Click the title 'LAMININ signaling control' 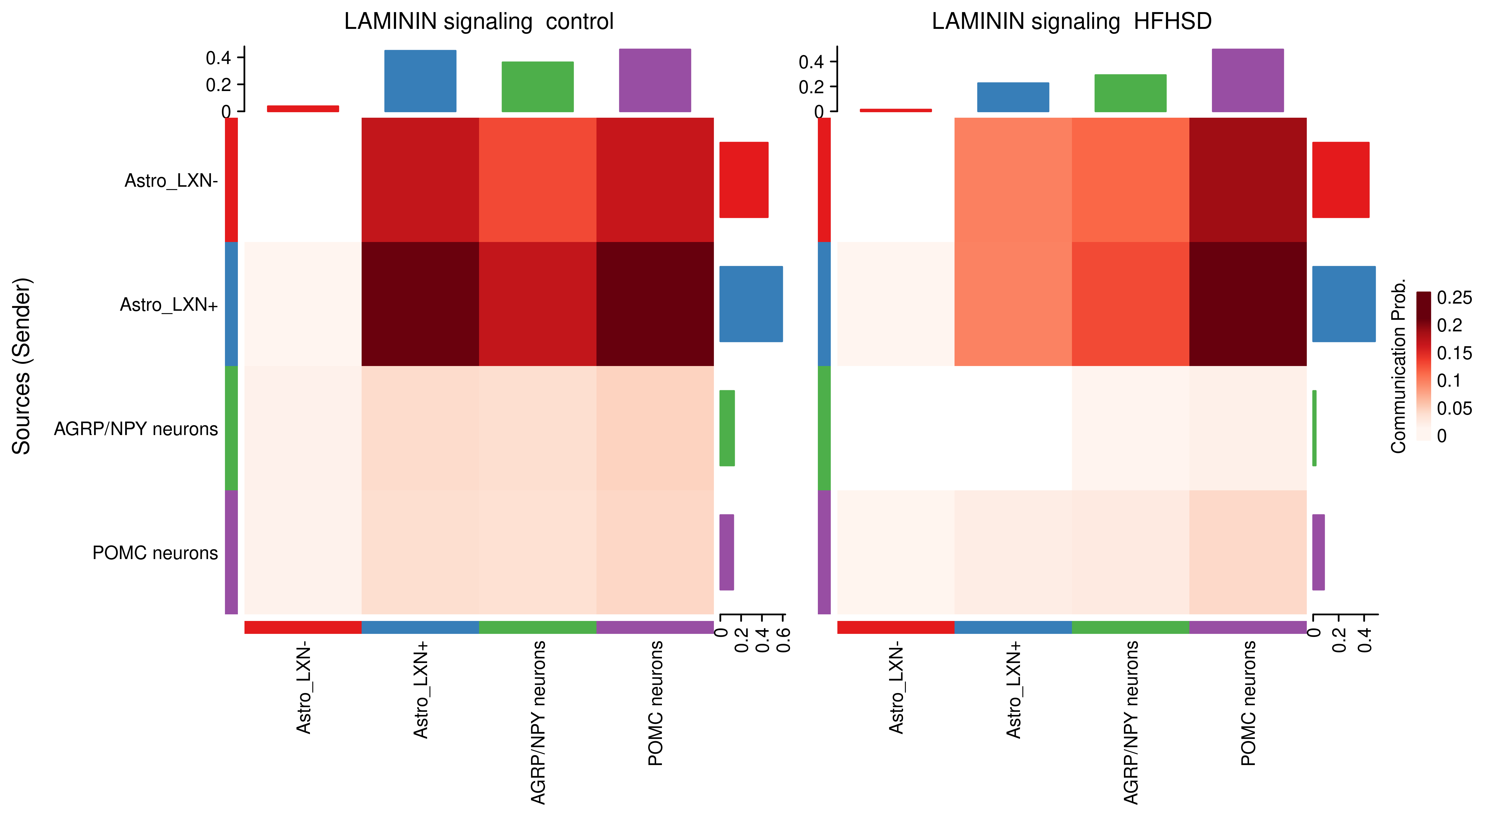coord(479,22)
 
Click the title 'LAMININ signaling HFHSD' coord(1071,22)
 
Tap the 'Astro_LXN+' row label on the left coord(169,304)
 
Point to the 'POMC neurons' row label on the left coord(155,553)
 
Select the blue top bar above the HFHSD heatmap coord(1013,97)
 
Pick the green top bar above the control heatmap coord(537,86)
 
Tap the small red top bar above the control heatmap coord(303,108)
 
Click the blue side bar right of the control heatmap coord(750,304)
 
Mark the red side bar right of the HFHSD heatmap coord(1340,180)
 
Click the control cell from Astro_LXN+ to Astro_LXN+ coord(420,304)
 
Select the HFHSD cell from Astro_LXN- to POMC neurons coord(1247,180)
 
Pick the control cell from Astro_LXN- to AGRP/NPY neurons coord(537,180)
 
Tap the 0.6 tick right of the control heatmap coord(783,640)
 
